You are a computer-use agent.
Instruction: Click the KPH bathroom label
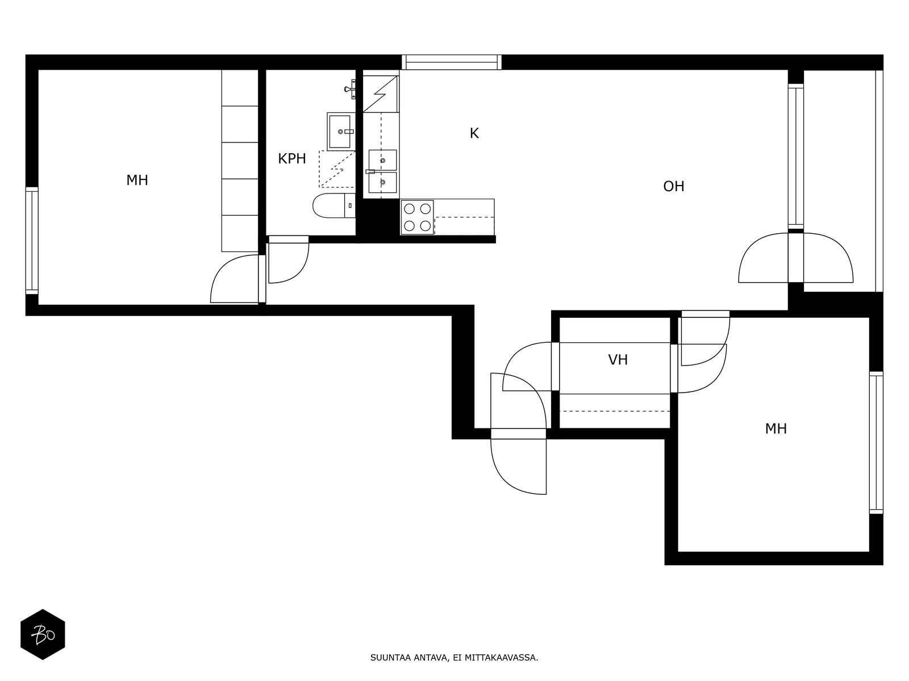click(x=291, y=159)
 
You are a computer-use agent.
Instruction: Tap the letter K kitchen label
click(x=474, y=133)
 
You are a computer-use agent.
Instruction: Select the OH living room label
click(x=673, y=187)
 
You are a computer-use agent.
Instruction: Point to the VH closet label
click(x=618, y=360)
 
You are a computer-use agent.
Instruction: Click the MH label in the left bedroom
click(x=137, y=180)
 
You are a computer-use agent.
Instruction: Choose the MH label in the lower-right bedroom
click(x=775, y=429)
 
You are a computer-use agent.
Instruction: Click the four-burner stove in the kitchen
click(x=417, y=217)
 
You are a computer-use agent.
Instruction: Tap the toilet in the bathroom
click(x=334, y=205)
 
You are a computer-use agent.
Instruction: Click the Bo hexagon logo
click(x=43, y=634)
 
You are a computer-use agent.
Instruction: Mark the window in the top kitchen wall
click(x=452, y=62)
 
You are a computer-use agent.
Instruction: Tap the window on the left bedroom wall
click(x=32, y=241)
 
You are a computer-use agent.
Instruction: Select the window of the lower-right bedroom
click(x=876, y=443)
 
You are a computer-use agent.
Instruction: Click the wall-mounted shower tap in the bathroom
click(x=351, y=89)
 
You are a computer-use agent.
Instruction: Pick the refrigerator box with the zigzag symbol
click(x=381, y=94)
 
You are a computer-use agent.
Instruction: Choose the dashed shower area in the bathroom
click(x=337, y=169)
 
